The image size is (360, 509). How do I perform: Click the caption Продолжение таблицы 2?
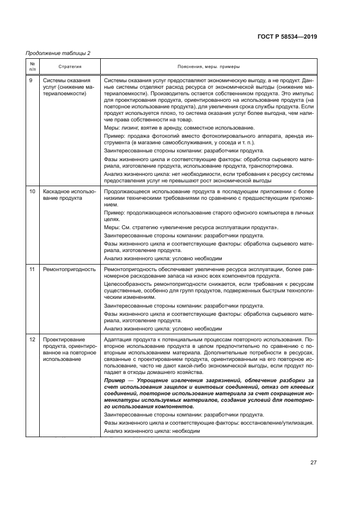(58, 53)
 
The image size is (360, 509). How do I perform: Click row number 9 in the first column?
(31, 79)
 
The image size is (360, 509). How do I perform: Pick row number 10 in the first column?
(32, 192)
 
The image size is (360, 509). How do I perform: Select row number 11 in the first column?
(32, 269)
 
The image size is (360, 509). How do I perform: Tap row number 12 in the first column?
(32, 339)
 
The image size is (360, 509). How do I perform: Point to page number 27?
(313, 462)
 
